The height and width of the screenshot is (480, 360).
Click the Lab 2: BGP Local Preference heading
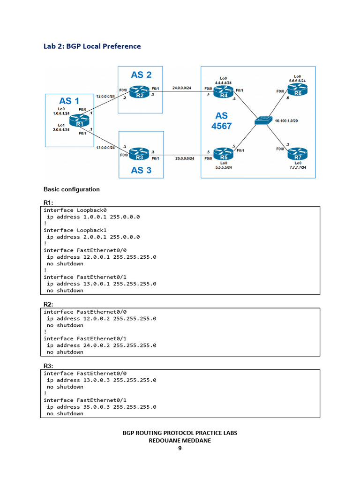[x=92, y=46]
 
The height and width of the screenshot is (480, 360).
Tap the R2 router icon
[x=139, y=92]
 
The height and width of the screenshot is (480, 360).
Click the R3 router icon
[x=139, y=154]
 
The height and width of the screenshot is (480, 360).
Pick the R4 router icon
[x=223, y=92]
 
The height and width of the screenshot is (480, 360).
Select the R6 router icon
[x=298, y=90]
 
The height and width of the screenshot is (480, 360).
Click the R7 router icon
[x=298, y=154]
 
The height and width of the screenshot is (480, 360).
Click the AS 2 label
[x=141, y=75]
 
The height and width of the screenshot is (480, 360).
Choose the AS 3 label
[x=141, y=170]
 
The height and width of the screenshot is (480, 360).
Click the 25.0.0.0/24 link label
[x=185, y=158]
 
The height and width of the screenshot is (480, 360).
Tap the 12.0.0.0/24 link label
[x=105, y=96]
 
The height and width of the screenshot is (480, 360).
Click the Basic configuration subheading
[x=71, y=189]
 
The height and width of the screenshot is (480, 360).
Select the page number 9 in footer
[x=180, y=448]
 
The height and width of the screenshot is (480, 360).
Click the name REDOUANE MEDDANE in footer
[x=180, y=441]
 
